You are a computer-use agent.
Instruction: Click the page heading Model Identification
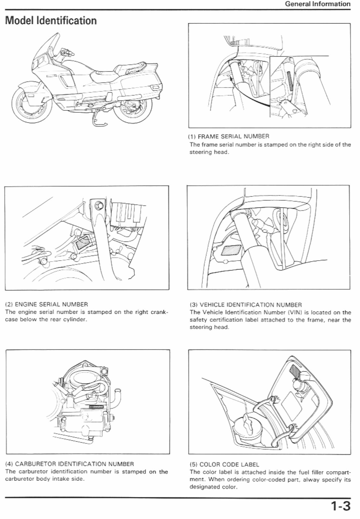(51, 21)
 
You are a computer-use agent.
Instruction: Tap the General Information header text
(317, 4)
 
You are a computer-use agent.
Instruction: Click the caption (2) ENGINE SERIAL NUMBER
(47, 304)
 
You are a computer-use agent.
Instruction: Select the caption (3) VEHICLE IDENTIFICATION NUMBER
(246, 305)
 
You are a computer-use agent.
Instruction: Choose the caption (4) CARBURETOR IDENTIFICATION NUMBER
(70, 464)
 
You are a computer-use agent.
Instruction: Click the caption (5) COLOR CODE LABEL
(224, 464)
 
